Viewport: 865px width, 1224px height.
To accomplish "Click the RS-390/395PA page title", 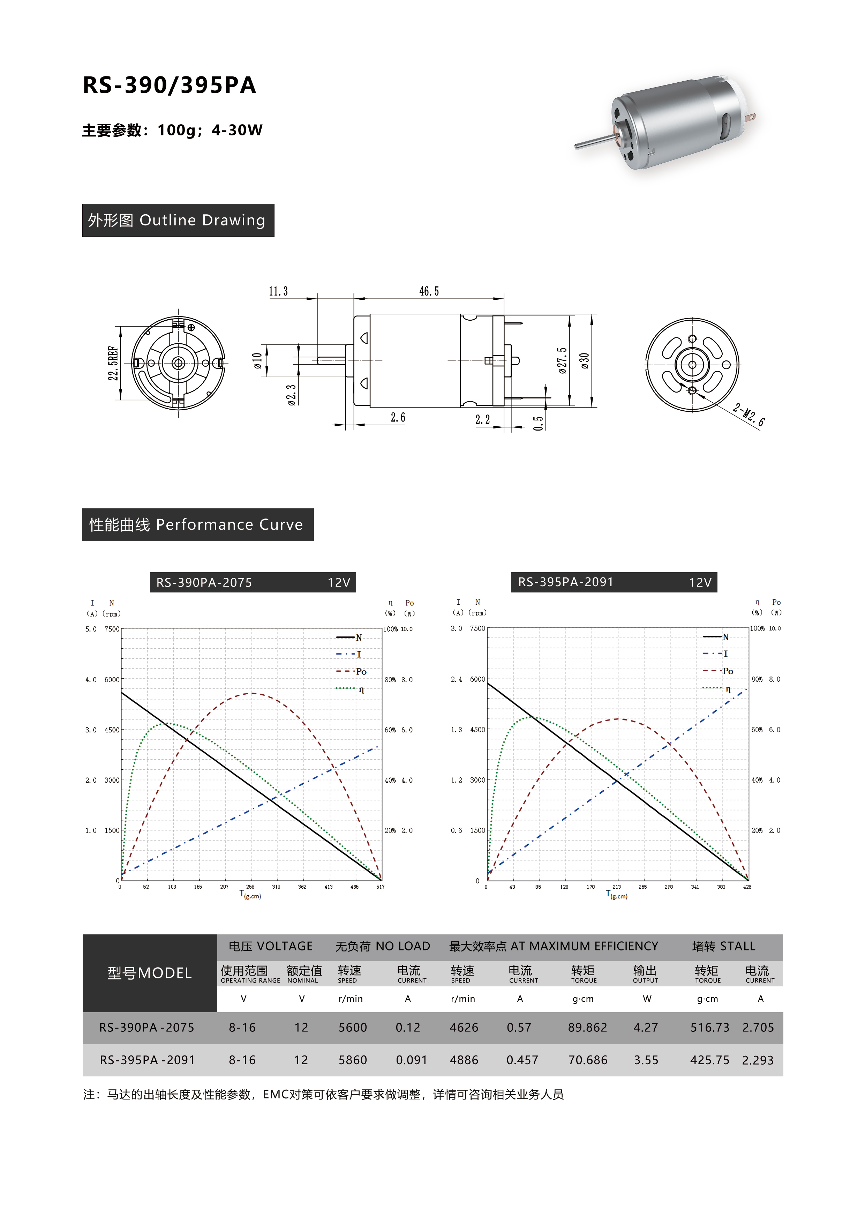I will click(170, 85).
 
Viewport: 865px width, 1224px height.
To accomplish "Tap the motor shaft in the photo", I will click(594, 142).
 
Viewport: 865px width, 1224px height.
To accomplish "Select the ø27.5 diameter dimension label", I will click(562, 361).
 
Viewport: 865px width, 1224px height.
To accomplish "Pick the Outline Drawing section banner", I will click(178, 220).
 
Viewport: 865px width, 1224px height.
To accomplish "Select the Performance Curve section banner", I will click(198, 524).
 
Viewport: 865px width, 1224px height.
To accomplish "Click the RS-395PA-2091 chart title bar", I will click(614, 582).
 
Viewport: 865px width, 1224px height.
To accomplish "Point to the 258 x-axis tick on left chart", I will click(250, 887).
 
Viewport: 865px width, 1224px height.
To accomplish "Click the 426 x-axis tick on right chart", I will click(747, 887).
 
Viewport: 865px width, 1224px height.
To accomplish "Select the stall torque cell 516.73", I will click(709, 1027).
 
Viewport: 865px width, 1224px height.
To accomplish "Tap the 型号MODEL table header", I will click(149, 973).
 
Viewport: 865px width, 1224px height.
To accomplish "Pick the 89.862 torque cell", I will click(587, 1027).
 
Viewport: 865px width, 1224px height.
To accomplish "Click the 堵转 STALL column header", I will click(723, 946).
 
